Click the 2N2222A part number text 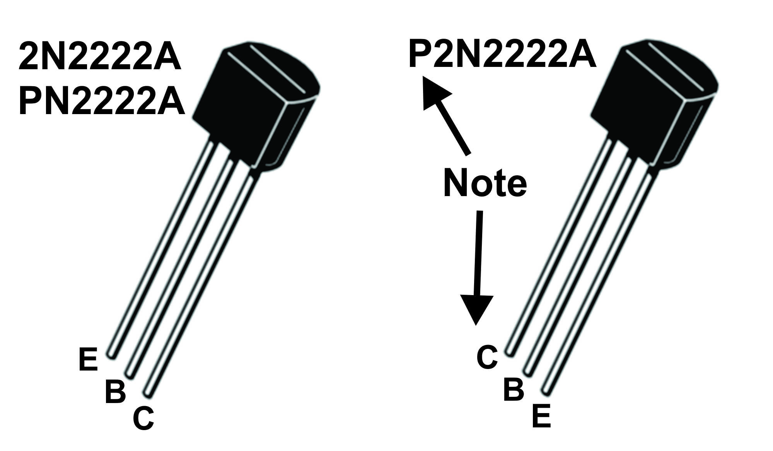100,57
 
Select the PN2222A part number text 101,101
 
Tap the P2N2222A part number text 502,55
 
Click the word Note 485,183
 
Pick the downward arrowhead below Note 476,309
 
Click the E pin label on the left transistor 88,360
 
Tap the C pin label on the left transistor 143,418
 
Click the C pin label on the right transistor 487,357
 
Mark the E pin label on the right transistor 541,415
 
